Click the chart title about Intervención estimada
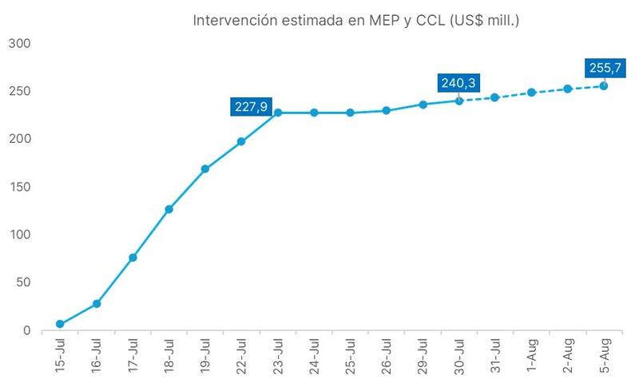pos(356,20)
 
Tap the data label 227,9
pos(251,107)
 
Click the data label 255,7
pos(604,68)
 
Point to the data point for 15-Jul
pos(60,324)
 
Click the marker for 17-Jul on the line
pos(133,258)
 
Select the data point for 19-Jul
pos(205,169)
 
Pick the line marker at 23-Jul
pos(278,113)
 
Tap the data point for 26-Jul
pos(387,111)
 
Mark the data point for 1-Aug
pos(531,93)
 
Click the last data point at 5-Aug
pos(604,85)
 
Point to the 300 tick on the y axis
pos(18,43)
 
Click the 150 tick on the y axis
pos(18,187)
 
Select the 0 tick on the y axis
pos(26,330)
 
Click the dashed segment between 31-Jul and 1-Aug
pos(513,95)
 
